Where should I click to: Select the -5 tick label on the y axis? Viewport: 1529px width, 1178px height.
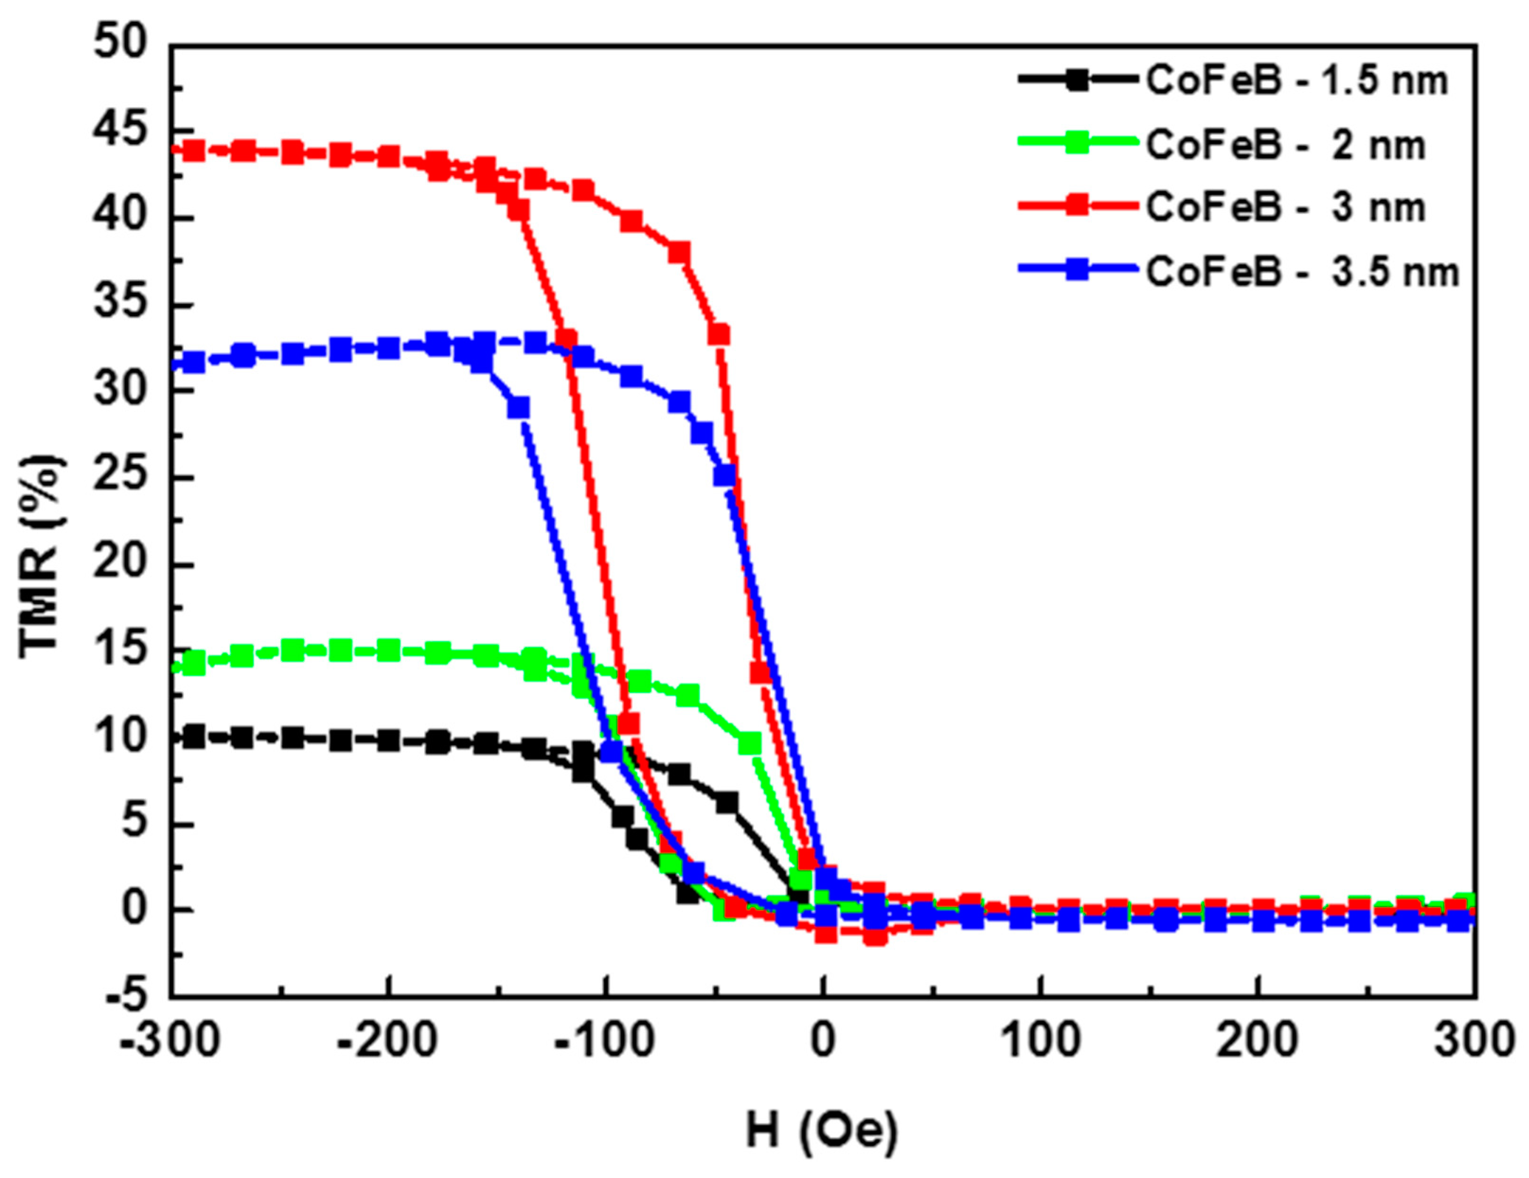(x=126, y=996)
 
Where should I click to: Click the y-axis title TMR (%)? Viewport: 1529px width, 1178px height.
(x=41, y=557)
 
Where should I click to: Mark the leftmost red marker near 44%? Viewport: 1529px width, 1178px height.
(x=194, y=151)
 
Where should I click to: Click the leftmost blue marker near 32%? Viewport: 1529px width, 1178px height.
(x=194, y=362)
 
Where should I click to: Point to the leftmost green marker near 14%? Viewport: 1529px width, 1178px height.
(x=194, y=663)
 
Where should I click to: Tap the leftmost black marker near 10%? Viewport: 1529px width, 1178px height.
(x=194, y=736)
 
